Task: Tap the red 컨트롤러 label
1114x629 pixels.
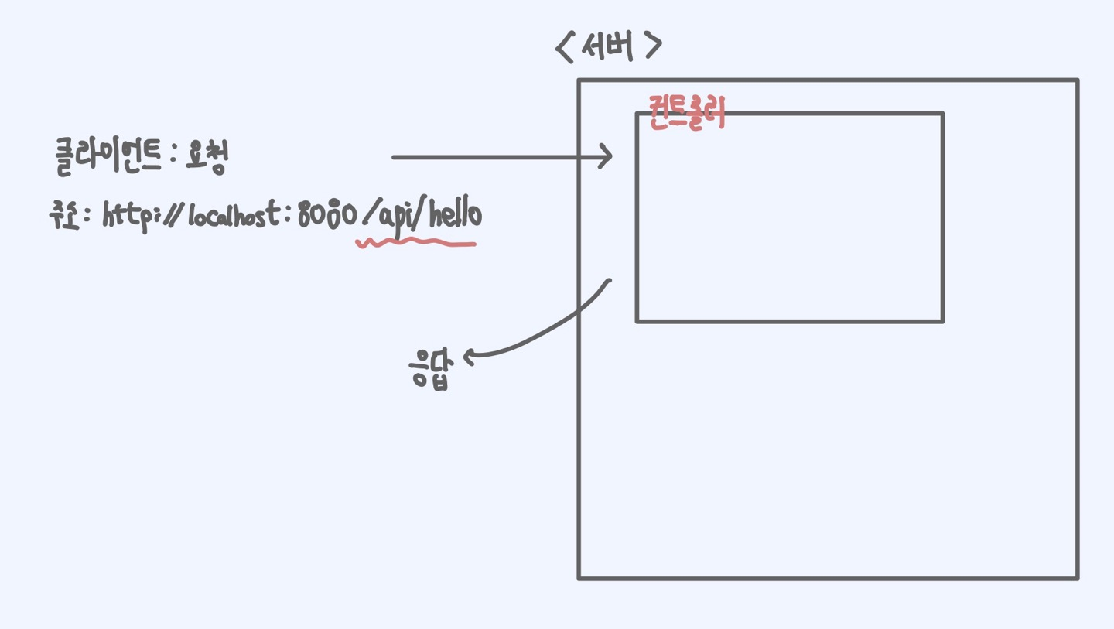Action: point(687,114)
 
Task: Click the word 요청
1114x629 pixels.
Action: point(207,156)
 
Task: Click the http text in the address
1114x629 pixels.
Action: point(125,216)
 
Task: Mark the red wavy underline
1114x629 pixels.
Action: point(415,244)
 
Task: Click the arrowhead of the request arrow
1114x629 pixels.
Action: point(608,157)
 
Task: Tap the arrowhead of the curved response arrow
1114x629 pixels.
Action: point(467,356)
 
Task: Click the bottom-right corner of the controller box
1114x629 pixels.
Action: point(942,320)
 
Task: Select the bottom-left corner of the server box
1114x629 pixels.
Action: point(579,577)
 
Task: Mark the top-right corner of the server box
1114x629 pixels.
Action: point(1077,80)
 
